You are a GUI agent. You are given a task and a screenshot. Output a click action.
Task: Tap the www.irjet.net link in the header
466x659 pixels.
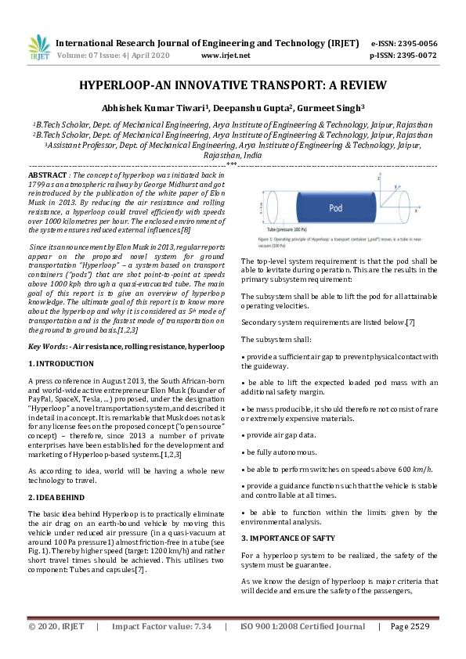[x=226, y=56]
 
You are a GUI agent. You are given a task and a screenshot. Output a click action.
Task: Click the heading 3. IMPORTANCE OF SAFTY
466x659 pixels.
[x=288, y=538]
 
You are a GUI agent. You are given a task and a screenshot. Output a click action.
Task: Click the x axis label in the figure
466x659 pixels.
[x=415, y=211]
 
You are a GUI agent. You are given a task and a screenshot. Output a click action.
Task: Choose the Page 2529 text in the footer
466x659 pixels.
[x=409, y=627]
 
